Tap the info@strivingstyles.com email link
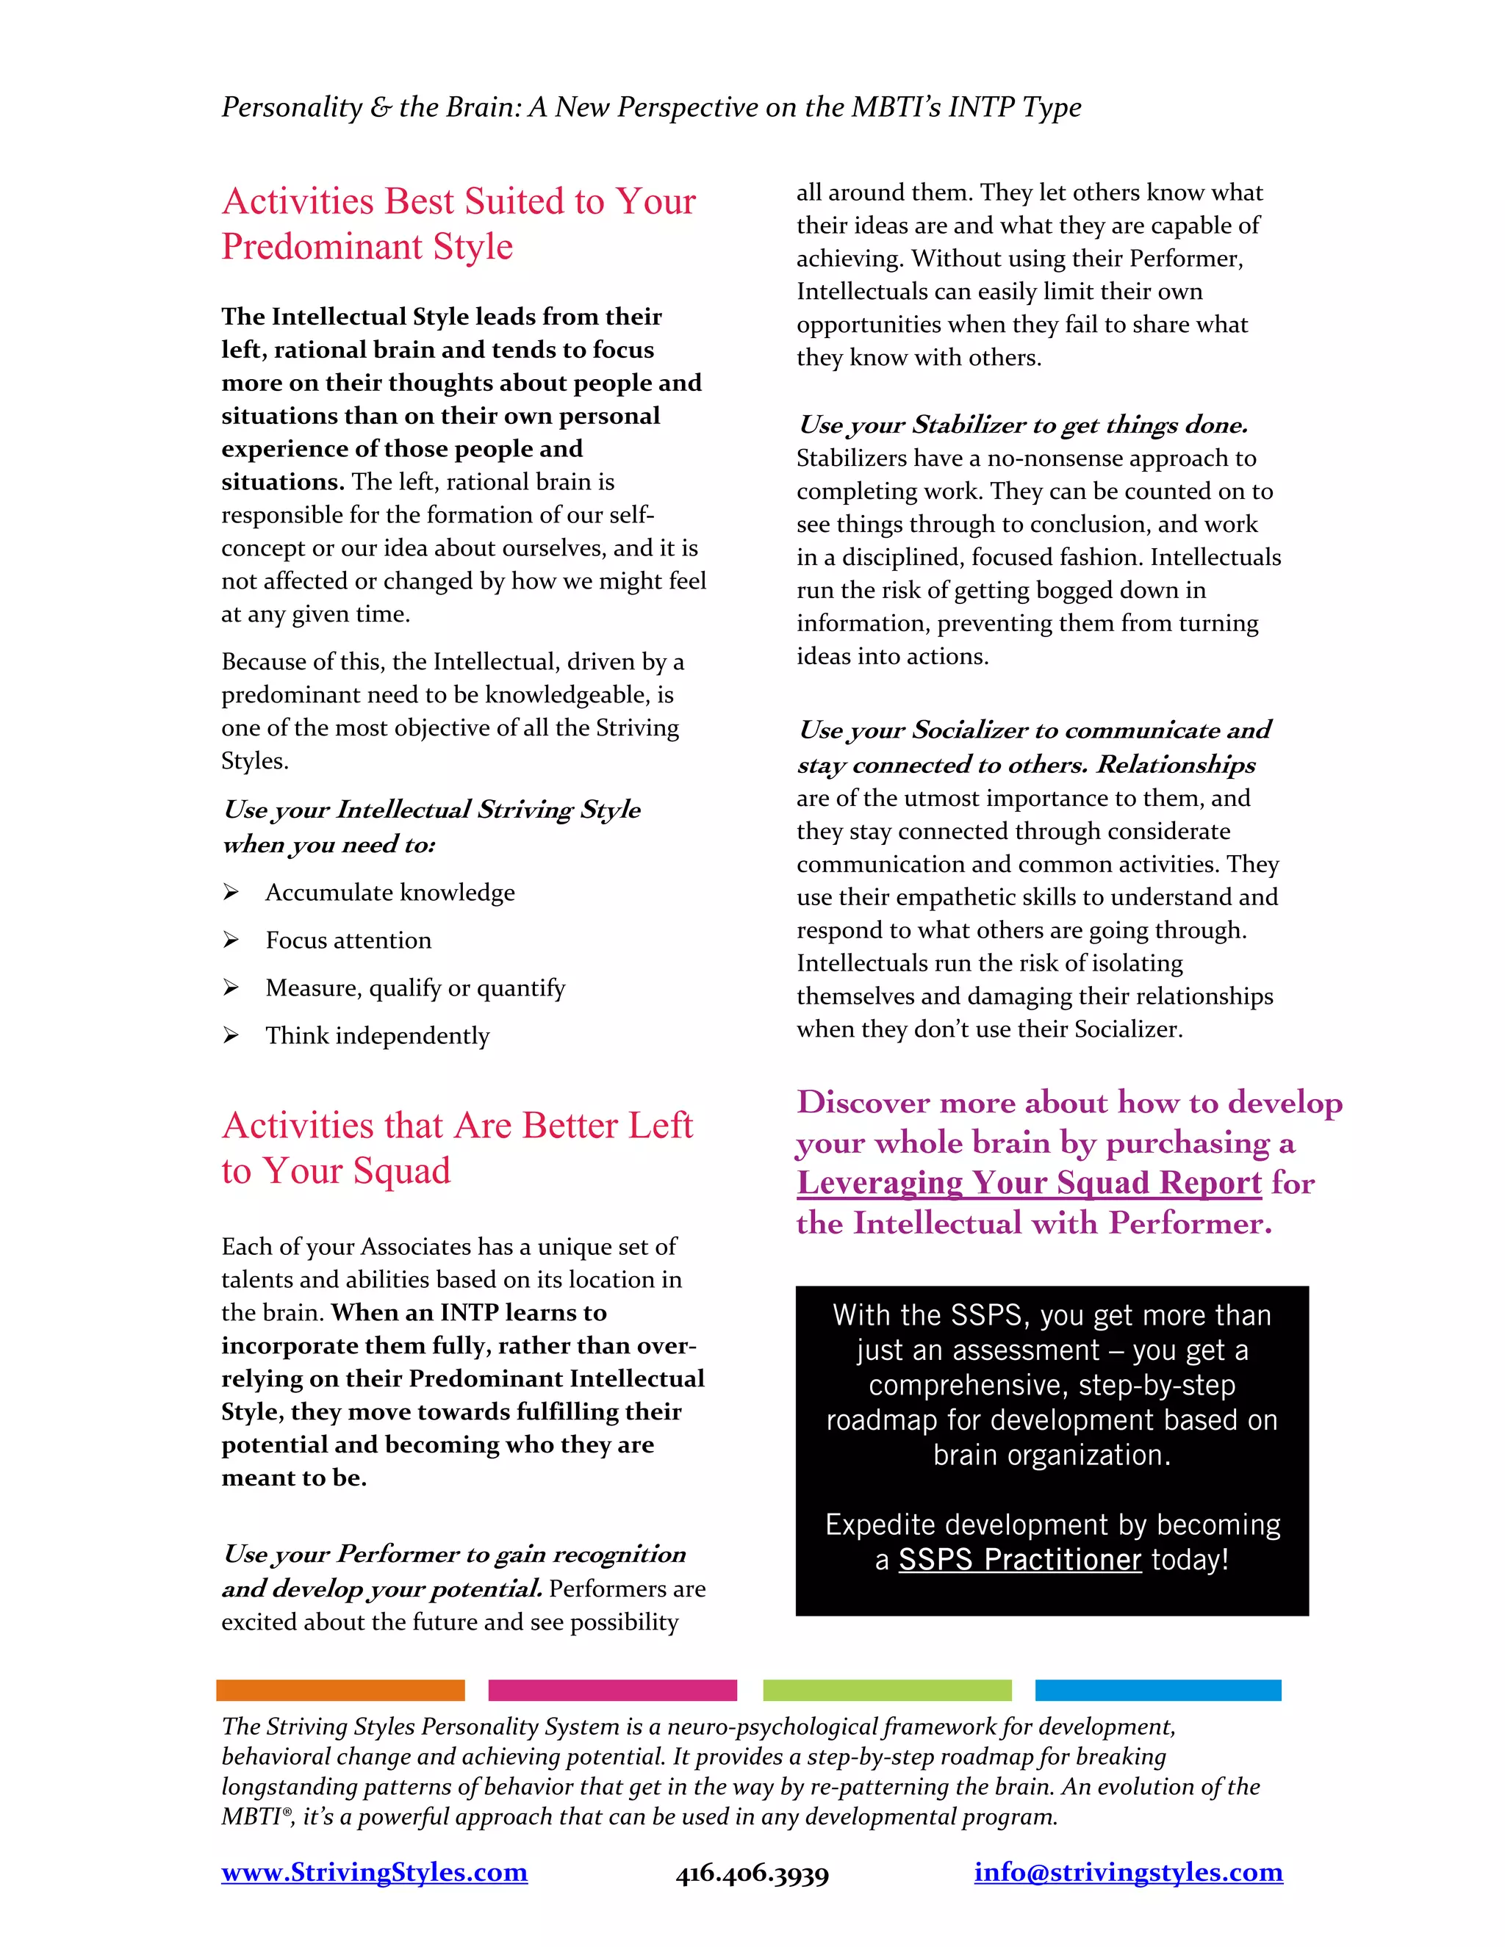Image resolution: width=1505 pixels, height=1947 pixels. point(1128,1872)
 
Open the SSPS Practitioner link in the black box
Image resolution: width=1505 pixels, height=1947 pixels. point(1019,1559)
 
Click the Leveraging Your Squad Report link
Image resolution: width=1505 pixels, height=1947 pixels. point(1029,1183)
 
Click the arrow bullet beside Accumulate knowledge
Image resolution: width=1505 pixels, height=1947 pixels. point(231,893)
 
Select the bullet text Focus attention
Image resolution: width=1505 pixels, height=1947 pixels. point(348,940)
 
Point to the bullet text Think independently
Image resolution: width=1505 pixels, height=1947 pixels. point(377,1036)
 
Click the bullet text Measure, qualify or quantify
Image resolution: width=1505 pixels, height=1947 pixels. point(414,987)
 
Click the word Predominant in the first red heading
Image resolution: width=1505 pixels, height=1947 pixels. point(321,247)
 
